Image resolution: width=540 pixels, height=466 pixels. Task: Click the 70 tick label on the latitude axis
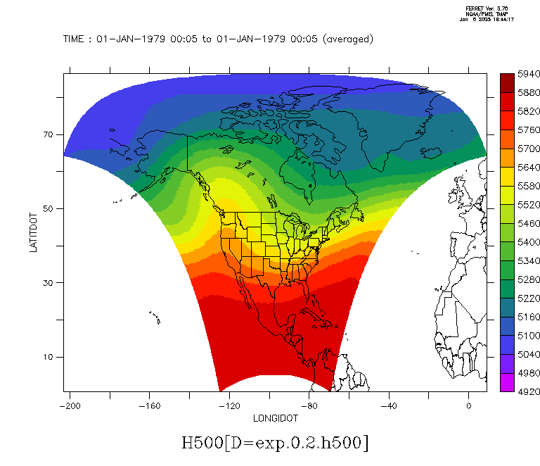[49, 134]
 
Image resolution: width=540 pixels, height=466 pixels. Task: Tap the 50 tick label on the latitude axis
[49, 208]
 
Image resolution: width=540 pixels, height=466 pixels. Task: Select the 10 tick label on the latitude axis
[49, 357]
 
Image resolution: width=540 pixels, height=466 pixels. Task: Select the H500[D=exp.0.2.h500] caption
[275, 443]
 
